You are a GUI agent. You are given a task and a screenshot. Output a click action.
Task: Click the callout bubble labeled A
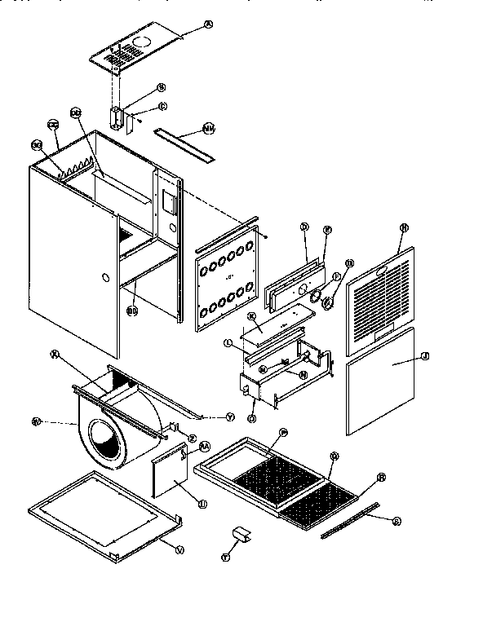207,24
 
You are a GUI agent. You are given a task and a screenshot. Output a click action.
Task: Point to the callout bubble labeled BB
131,310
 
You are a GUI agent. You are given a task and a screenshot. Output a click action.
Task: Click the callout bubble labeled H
402,228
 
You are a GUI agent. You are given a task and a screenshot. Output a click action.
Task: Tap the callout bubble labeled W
36,421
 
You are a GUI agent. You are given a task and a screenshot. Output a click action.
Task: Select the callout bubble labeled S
397,519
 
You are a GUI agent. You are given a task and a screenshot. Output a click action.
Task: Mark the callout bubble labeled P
283,431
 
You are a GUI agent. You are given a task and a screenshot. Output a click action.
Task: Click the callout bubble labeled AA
205,446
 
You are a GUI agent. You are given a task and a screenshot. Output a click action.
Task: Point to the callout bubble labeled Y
230,417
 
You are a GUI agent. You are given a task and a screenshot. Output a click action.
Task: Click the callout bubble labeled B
161,86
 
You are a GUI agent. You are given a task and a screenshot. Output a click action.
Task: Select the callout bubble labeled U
201,505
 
